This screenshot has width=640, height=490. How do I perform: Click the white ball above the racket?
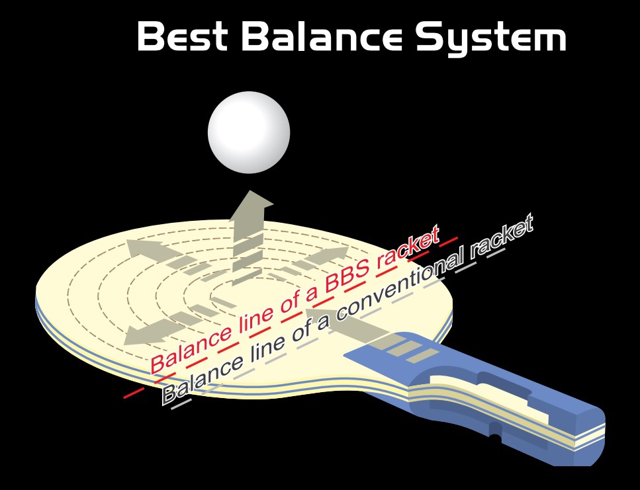[x=249, y=132]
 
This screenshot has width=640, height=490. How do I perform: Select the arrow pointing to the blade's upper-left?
[x=142, y=249]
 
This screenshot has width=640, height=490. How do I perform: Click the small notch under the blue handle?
[x=493, y=437]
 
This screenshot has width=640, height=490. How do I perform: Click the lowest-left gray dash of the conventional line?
[x=177, y=405]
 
